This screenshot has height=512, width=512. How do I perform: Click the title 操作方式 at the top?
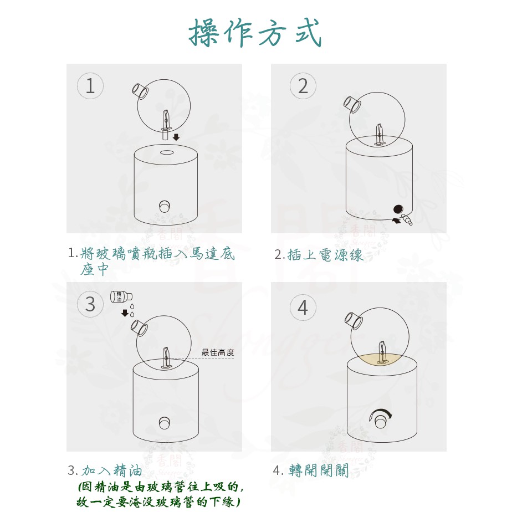(255, 33)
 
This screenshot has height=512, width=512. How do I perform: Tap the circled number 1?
(90, 86)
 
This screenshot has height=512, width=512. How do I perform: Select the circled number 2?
(303, 86)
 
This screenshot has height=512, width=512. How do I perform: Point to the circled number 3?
(90, 304)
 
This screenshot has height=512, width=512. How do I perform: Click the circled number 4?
(303, 308)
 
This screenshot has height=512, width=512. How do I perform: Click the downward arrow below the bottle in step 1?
(176, 137)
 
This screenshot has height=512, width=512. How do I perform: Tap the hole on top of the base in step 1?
(167, 152)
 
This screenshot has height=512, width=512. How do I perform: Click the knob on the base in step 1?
(165, 206)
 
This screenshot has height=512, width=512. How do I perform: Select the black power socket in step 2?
(398, 209)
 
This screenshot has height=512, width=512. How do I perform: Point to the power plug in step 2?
(407, 219)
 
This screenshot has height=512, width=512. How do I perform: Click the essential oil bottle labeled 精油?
(121, 296)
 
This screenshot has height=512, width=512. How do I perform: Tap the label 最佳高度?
(218, 352)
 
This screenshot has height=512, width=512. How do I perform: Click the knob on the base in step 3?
(165, 423)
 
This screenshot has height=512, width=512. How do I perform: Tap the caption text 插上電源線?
(325, 255)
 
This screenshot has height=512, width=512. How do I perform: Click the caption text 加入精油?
(112, 470)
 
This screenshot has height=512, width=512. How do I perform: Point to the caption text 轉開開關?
(319, 470)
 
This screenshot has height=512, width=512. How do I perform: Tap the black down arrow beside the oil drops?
(125, 313)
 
